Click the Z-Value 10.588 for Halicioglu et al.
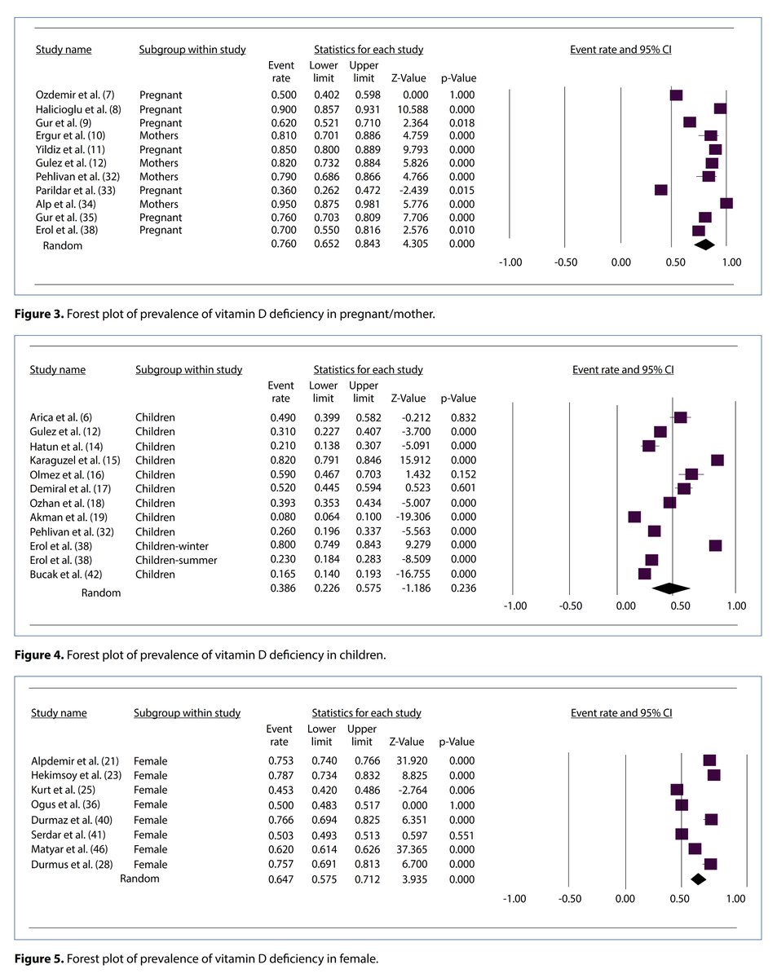click(x=404, y=108)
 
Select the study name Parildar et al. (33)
click(x=74, y=190)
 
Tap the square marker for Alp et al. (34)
click(x=726, y=204)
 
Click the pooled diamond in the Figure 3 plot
click(x=703, y=244)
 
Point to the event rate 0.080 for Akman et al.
click(x=280, y=517)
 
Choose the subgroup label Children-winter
click(x=171, y=545)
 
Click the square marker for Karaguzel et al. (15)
click(x=717, y=460)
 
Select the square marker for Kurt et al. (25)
click(x=677, y=790)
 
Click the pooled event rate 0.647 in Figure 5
click(x=279, y=879)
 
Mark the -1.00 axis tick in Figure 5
click(x=514, y=898)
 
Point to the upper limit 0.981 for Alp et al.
click(x=364, y=204)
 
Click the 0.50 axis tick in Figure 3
click(x=674, y=262)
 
